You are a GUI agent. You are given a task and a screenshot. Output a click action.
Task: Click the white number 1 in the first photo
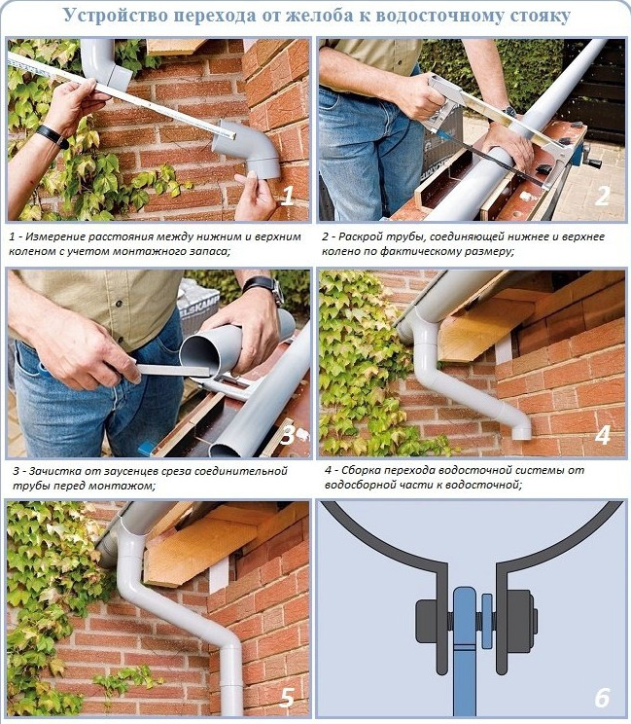pyautogui.click(x=288, y=196)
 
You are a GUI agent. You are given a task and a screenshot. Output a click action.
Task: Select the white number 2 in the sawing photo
pyautogui.click(x=603, y=196)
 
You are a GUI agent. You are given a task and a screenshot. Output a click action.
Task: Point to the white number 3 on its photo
pyautogui.click(x=287, y=434)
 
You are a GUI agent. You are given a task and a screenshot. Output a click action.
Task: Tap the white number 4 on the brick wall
pyautogui.click(x=603, y=435)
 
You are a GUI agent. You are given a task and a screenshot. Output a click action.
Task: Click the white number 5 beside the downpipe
pyautogui.click(x=287, y=697)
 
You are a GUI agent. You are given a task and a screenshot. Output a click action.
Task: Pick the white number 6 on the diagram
pyautogui.click(x=603, y=697)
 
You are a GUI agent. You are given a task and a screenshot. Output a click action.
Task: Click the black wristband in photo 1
pyautogui.click(x=52, y=136)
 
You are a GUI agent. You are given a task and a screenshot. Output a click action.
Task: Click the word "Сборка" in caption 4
pyautogui.click(x=361, y=471)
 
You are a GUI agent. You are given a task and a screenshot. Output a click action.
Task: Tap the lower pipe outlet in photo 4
pyautogui.click(x=522, y=433)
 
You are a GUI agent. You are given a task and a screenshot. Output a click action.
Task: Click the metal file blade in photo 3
pyautogui.click(x=173, y=370)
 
